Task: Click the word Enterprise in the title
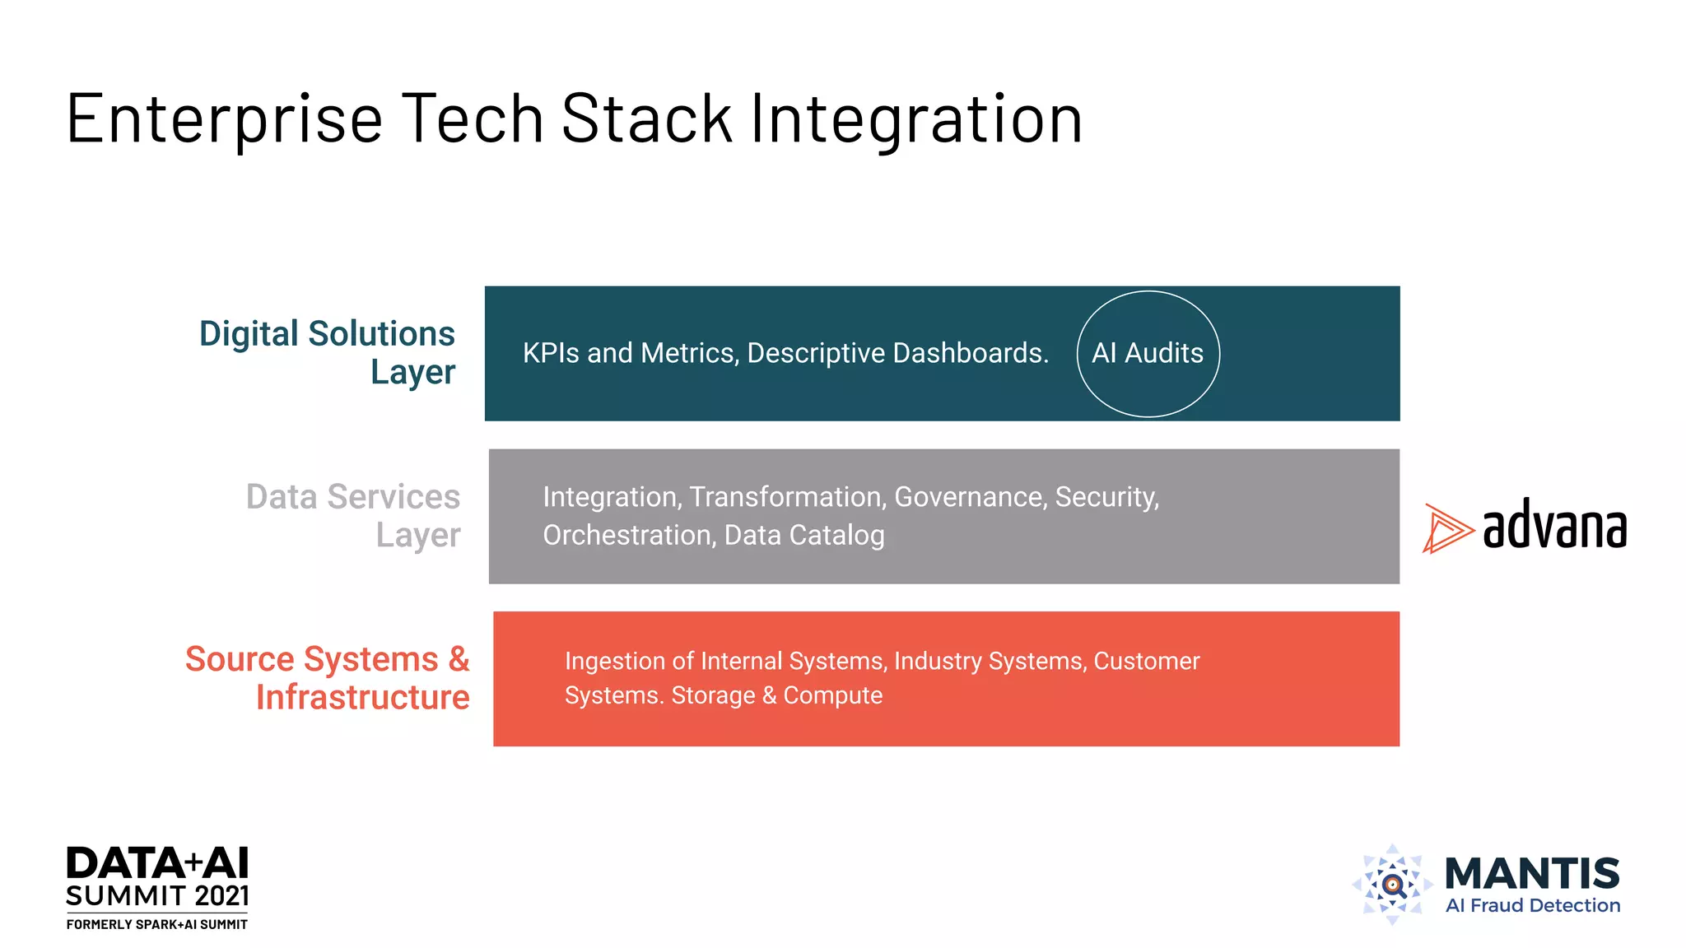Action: tap(224, 119)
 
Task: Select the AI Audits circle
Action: tap(1148, 354)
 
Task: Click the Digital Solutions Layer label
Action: tap(327, 352)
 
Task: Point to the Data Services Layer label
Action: tap(353, 516)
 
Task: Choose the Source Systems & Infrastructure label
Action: tap(328, 678)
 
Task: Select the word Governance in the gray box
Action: tap(970, 497)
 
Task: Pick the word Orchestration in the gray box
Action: tap(629, 536)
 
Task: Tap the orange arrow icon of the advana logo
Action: tap(1446, 528)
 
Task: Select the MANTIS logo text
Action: tap(1532, 874)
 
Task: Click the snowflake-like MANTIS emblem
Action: tap(1392, 885)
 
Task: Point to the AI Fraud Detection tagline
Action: tap(1532, 906)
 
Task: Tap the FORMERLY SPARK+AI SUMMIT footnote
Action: tap(156, 925)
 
